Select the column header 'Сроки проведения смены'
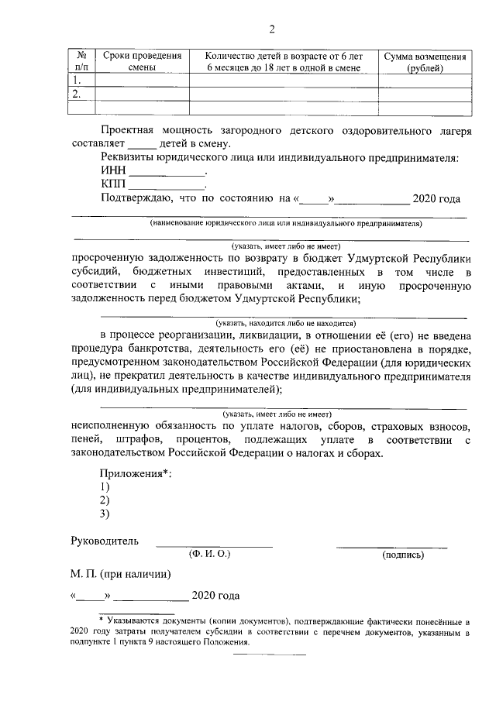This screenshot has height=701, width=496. click(x=142, y=62)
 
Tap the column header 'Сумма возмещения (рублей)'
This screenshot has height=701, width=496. click(x=425, y=62)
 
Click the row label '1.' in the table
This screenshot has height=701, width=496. click(x=77, y=81)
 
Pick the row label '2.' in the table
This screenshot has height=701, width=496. click(x=77, y=94)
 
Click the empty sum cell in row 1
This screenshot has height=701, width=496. click(x=425, y=81)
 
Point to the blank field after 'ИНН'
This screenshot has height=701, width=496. click(x=167, y=173)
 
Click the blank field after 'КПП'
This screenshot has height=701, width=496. click(x=167, y=186)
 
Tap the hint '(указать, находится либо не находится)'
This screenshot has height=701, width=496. click(x=285, y=323)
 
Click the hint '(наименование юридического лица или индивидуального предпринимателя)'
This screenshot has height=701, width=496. click(x=286, y=223)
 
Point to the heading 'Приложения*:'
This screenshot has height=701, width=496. click(x=136, y=473)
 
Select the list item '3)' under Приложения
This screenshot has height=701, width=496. click(x=105, y=514)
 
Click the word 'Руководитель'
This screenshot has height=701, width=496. click(x=105, y=541)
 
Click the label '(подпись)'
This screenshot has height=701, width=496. click(x=402, y=555)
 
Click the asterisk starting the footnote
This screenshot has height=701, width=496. click(x=101, y=620)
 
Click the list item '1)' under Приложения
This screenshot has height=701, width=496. click(x=105, y=486)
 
